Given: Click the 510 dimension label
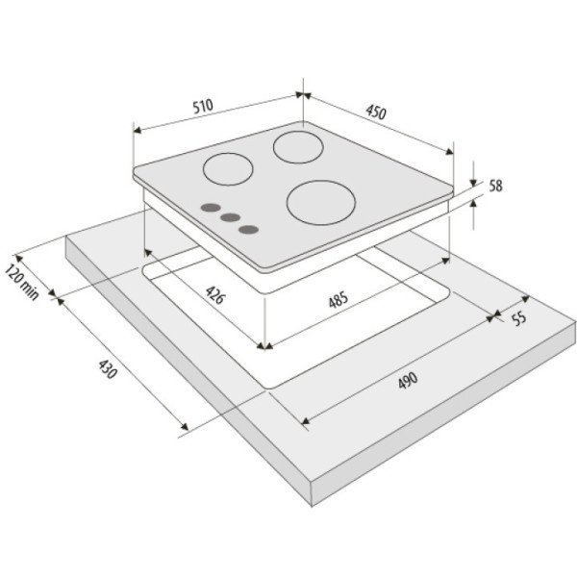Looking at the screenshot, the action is [x=203, y=106].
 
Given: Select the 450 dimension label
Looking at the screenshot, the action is [x=376, y=113].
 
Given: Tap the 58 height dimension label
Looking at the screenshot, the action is [x=495, y=186].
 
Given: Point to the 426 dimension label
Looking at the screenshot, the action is [x=214, y=295].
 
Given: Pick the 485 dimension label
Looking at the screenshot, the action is [x=338, y=299].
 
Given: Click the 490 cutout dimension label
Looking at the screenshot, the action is [x=408, y=381].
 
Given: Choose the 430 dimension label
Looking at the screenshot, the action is [x=108, y=369].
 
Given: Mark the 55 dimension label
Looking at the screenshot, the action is [x=519, y=318].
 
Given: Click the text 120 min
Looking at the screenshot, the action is [x=22, y=282].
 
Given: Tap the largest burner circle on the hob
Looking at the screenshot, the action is [x=321, y=202].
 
